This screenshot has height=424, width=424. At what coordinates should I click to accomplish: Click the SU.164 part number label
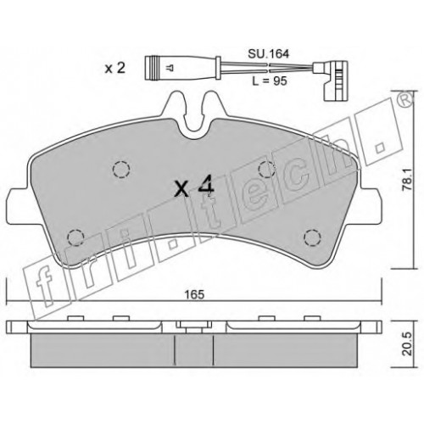click(269, 53)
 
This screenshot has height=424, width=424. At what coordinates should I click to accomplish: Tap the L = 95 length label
click(270, 81)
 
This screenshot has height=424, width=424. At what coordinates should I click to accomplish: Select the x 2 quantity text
click(114, 68)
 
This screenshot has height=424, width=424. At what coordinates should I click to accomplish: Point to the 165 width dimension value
click(194, 295)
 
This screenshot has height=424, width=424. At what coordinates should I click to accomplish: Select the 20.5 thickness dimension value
click(407, 344)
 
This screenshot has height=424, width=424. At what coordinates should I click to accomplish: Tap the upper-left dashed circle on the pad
click(121, 170)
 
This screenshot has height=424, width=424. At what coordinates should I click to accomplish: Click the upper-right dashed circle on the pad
click(267, 170)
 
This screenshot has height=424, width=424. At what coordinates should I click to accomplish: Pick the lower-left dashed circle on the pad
click(76, 237)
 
